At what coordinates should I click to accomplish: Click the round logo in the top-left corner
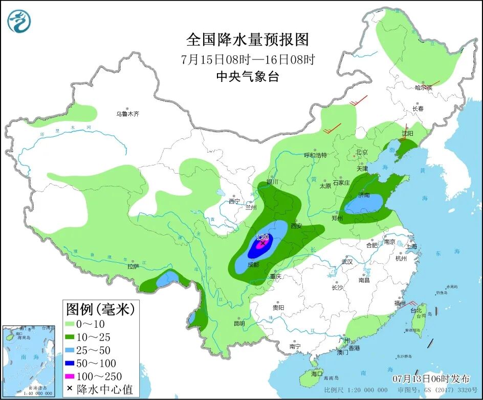point(19,21)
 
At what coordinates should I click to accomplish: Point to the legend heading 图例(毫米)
point(100,309)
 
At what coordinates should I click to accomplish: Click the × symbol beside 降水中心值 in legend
point(70,389)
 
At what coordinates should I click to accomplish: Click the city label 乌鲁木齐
point(127,114)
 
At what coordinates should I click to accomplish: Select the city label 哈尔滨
point(424,88)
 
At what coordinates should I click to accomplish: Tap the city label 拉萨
point(133,266)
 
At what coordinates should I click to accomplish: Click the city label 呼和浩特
point(315,155)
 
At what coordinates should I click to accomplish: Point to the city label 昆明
point(239,323)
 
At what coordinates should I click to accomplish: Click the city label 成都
point(252,264)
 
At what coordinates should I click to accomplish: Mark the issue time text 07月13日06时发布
point(431,379)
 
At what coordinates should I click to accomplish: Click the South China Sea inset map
point(29,361)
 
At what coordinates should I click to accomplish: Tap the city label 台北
point(416,310)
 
